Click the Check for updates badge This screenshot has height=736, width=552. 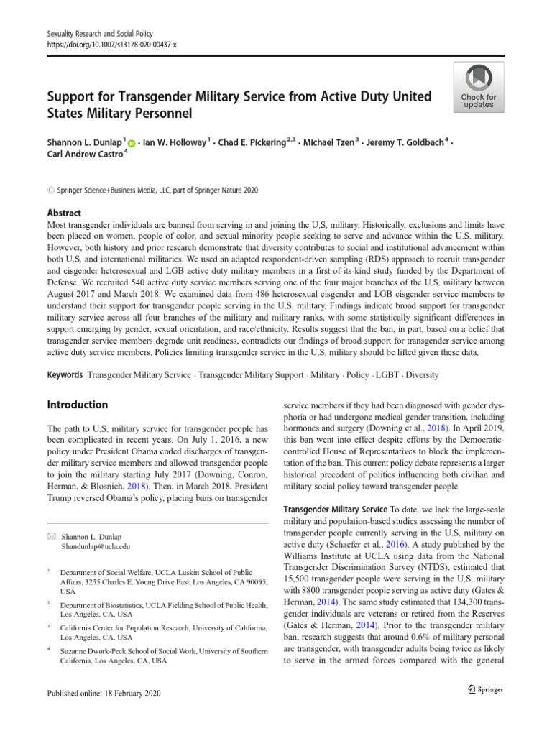point(478,86)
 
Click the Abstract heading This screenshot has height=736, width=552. point(63,213)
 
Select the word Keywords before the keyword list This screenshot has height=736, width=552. point(65,375)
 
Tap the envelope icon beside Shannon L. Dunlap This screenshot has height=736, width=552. point(50,535)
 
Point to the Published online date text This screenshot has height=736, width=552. point(103,693)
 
